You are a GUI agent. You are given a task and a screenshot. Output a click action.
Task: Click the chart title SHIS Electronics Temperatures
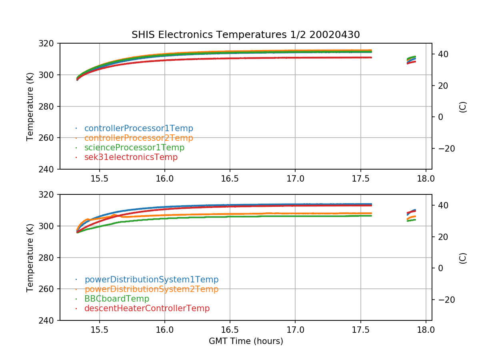tap(246, 35)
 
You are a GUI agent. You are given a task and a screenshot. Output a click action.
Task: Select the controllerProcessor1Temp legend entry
tap(138, 128)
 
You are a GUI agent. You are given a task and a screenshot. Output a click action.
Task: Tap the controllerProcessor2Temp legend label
tap(138, 138)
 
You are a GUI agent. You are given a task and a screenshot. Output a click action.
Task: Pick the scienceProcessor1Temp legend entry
tap(134, 148)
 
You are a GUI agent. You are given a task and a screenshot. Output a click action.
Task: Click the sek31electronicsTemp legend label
tap(131, 157)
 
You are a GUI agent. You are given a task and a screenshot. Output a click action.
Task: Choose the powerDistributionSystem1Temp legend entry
tap(151, 280)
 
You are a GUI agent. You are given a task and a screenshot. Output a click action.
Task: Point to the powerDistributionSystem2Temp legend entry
tap(151, 289)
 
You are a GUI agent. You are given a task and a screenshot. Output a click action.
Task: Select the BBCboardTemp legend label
tap(116, 299)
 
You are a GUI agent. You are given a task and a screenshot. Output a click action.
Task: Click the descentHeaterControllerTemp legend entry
tap(147, 308)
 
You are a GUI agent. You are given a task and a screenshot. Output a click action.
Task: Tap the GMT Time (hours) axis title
tap(246, 341)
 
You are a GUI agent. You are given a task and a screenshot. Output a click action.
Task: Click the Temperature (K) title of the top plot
tap(30, 106)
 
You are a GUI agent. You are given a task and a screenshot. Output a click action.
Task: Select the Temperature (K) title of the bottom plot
tap(30, 257)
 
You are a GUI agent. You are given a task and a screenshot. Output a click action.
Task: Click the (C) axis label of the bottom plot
tap(463, 258)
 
